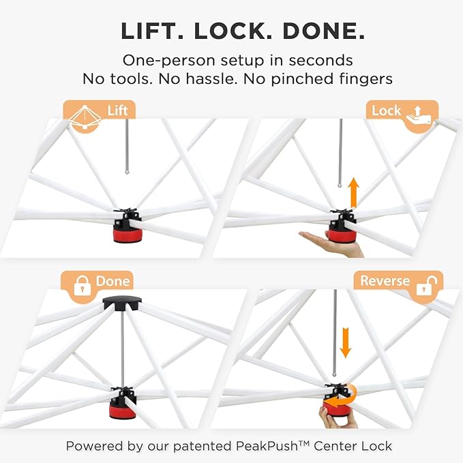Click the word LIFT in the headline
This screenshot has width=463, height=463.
coord(152,31)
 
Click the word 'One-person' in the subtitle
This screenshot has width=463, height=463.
coord(169,61)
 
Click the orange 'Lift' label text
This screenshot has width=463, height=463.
coord(117,110)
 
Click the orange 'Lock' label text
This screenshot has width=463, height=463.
coord(386,110)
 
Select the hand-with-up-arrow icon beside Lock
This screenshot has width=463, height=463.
coord(419,117)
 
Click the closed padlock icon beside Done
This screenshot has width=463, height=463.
coord(82,286)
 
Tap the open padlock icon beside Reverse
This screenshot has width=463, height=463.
coord(427,286)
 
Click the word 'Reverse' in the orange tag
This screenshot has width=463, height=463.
coord(385,281)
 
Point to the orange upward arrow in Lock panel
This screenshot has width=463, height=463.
coord(353,193)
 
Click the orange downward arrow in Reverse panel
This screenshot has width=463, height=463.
coord(345,342)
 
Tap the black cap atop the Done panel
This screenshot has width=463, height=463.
coord(122,303)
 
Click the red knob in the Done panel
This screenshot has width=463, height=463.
coord(123,408)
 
